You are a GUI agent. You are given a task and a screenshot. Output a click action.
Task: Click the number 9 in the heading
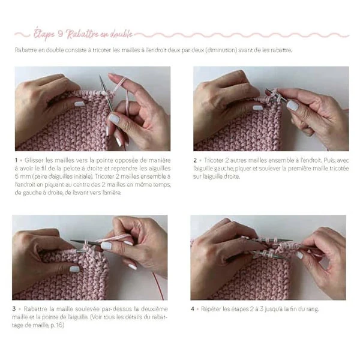tap(61, 34)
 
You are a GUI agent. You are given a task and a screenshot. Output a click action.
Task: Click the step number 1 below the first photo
tap(16, 160)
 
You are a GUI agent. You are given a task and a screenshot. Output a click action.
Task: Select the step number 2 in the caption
tap(195, 160)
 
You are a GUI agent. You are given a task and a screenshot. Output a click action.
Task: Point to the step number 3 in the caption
tap(14, 309)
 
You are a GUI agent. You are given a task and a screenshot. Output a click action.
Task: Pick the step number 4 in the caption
tap(193, 309)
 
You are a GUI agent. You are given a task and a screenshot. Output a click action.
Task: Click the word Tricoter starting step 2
tap(214, 160)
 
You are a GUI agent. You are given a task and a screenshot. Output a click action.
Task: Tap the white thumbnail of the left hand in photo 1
tap(79, 104)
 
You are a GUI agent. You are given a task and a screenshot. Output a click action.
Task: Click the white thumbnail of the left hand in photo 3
tap(74, 269)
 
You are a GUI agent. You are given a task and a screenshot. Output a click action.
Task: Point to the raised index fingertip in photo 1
tap(112, 76)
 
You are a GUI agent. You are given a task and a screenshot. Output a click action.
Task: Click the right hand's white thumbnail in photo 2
tap(293, 106)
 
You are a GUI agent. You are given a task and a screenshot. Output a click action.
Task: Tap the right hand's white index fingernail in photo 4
tap(299, 255)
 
